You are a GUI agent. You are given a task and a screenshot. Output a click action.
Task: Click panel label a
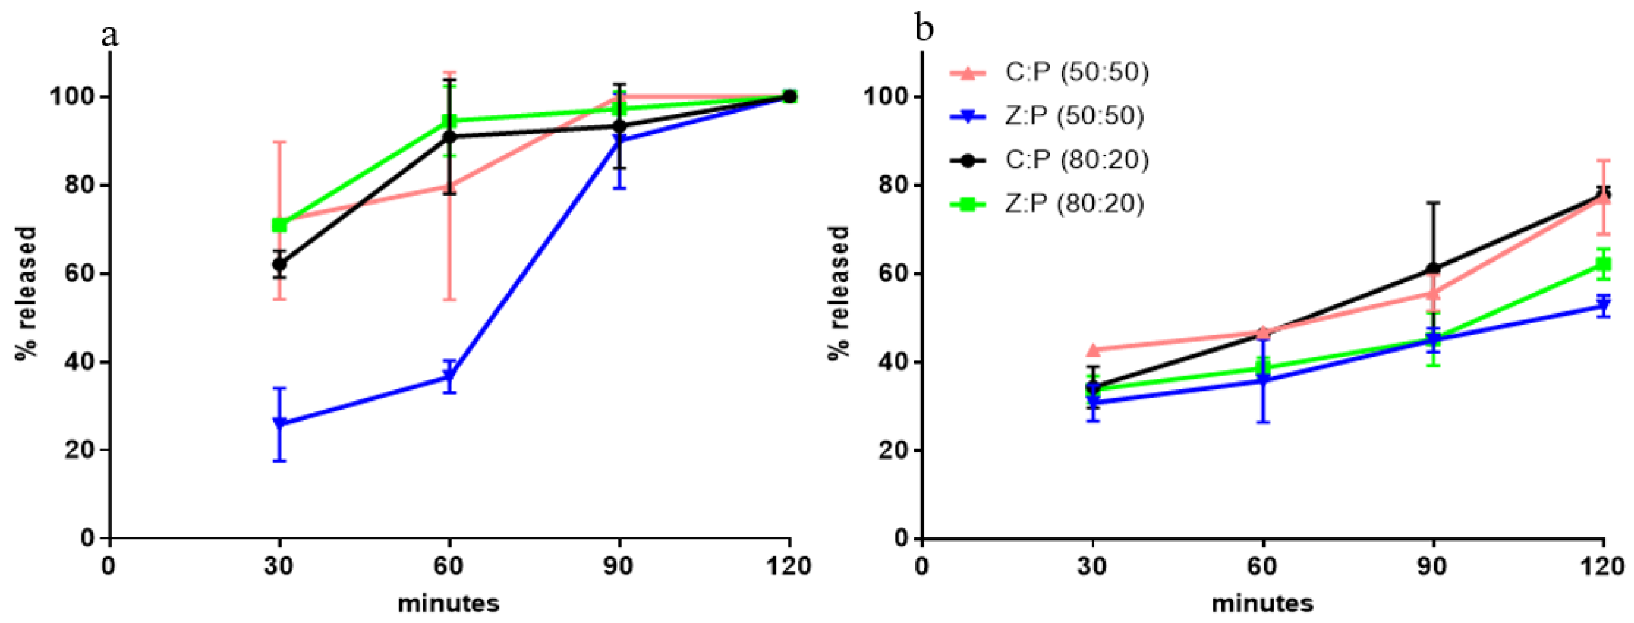pyautogui.click(x=109, y=35)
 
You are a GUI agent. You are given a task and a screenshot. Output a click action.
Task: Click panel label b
pyautogui.click(x=924, y=29)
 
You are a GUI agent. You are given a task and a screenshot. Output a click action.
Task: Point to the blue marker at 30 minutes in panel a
pyautogui.click(x=279, y=423)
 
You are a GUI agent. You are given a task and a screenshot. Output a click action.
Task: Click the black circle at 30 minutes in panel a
pyautogui.click(x=279, y=264)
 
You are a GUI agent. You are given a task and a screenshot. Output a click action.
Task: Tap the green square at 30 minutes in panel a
pyautogui.click(x=279, y=225)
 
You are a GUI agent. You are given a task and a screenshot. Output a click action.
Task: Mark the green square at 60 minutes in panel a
pyautogui.click(x=449, y=121)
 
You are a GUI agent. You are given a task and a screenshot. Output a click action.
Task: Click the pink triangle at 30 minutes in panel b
pyautogui.click(x=1092, y=349)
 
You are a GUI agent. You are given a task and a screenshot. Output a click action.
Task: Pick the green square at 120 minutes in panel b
pyautogui.click(x=1603, y=265)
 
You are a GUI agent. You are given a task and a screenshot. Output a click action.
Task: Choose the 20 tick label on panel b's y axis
pyautogui.click(x=894, y=450)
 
